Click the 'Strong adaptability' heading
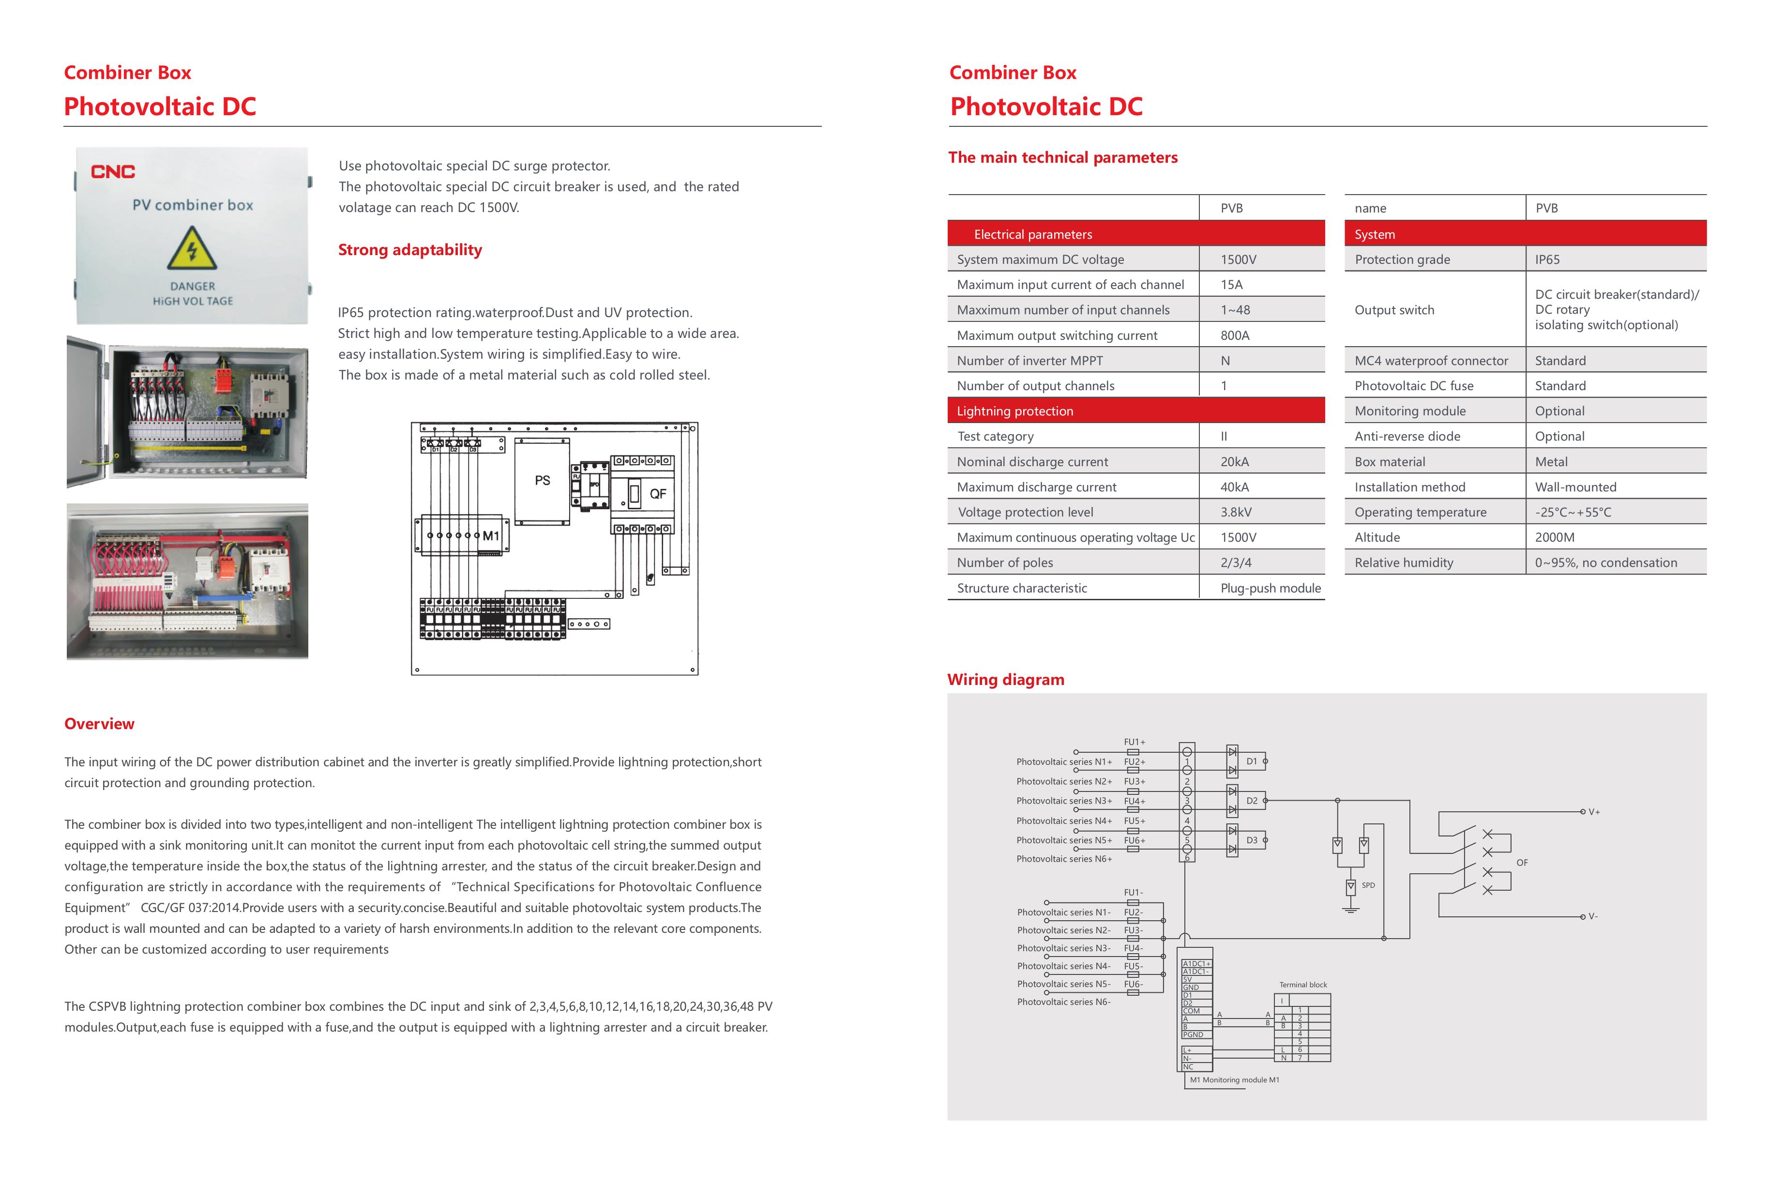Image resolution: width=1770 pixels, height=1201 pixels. click(x=410, y=250)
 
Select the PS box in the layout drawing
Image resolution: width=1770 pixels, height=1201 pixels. click(x=542, y=481)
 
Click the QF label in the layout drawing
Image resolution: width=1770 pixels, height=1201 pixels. click(x=657, y=493)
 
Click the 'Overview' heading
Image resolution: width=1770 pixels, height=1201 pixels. click(x=99, y=724)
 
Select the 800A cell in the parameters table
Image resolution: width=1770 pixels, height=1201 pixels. click(x=1235, y=335)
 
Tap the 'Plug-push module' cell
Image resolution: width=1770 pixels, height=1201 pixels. click(x=1271, y=588)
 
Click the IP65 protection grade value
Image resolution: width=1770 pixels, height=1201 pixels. click(x=1547, y=259)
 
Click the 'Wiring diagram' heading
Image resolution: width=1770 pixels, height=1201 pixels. click(x=1005, y=679)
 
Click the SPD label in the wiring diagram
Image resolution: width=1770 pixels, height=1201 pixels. click(x=1368, y=885)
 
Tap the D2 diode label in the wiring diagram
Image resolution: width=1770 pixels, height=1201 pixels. click(x=1251, y=800)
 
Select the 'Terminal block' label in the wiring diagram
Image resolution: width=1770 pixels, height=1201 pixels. click(x=1302, y=985)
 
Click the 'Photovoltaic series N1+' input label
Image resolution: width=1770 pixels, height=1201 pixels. click(x=1063, y=761)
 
